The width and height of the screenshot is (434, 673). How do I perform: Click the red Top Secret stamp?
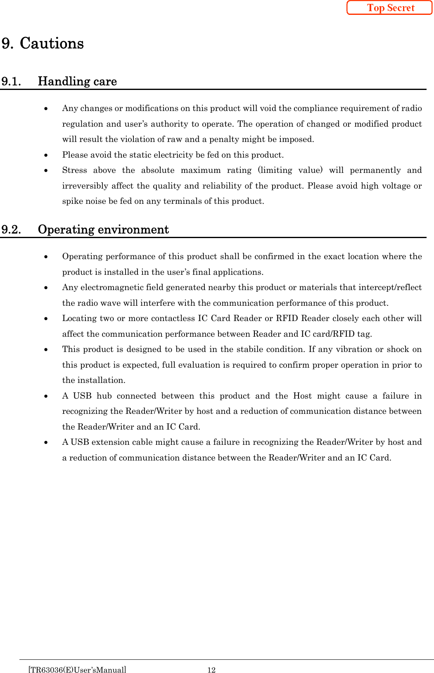click(x=389, y=8)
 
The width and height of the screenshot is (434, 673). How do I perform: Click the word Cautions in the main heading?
click(x=52, y=43)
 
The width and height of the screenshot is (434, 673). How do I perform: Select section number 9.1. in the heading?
click(x=11, y=81)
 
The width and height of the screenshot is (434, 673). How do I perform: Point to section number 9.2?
click(x=11, y=229)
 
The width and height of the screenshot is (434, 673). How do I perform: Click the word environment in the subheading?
click(x=133, y=229)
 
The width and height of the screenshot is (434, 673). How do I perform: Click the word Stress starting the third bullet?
click(x=74, y=170)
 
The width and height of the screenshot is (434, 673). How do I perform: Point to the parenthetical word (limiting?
click(x=275, y=170)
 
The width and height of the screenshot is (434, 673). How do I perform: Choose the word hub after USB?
click(x=104, y=396)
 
